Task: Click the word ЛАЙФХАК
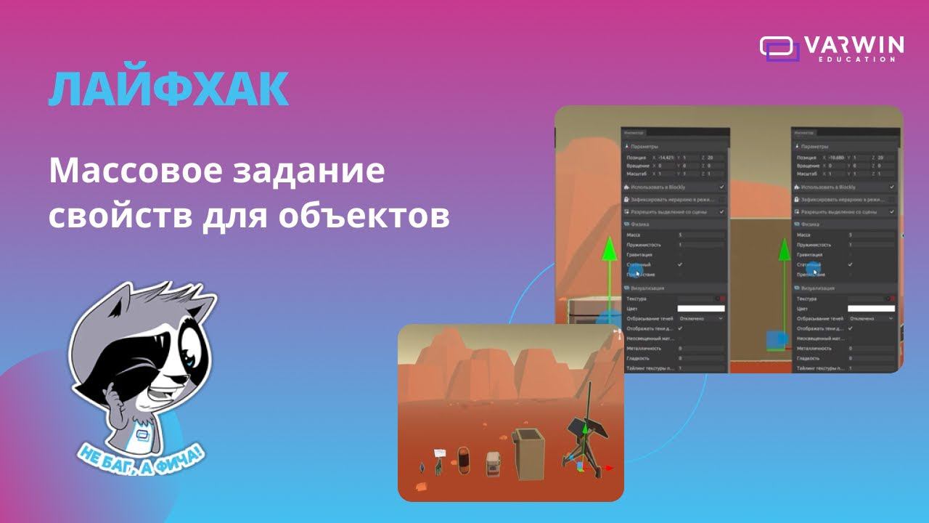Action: click(168, 90)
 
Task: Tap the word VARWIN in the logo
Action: click(854, 45)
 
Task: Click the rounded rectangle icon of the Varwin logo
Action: click(779, 48)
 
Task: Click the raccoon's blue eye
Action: click(189, 356)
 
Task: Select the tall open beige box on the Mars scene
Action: click(528, 455)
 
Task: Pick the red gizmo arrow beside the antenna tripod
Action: click(608, 469)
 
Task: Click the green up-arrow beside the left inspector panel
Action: click(610, 251)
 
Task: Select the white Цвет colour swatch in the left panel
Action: click(700, 309)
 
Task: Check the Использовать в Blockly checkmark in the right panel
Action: click(893, 187)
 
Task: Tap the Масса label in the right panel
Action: click(804, 235)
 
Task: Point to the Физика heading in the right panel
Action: click(809, 224)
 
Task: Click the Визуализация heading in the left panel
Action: click(647, 288)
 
